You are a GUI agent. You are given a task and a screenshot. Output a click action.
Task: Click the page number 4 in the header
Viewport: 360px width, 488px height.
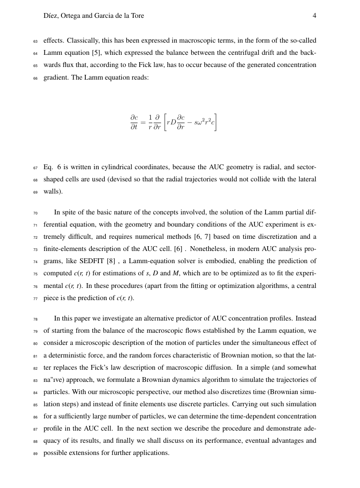314,16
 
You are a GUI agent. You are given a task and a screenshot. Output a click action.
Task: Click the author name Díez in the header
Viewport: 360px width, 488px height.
51,16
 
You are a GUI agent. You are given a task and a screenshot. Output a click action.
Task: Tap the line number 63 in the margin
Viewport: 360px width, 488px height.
36,41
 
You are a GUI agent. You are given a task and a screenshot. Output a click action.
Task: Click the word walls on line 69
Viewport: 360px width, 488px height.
52,191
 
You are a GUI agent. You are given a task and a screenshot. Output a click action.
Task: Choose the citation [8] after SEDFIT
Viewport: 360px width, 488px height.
111,261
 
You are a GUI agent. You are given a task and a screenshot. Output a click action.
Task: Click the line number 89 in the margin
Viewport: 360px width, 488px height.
36,453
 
